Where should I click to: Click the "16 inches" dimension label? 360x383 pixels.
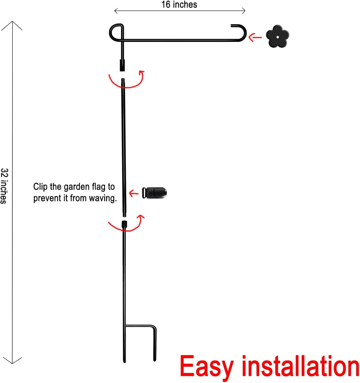(179, 5)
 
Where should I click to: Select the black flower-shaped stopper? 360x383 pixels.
(277, 36)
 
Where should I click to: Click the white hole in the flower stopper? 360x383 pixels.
(277, 37)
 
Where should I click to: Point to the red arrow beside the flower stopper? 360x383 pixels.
(255, 37)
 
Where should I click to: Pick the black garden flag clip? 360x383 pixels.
(154, 193)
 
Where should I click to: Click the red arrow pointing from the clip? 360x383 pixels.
(134, 193)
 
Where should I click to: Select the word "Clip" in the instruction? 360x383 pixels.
(40, 187)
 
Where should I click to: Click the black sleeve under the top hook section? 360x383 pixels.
(122, 65)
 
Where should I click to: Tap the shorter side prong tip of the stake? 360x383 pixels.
(154, 360)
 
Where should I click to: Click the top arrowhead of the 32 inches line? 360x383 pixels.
(12, 22)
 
